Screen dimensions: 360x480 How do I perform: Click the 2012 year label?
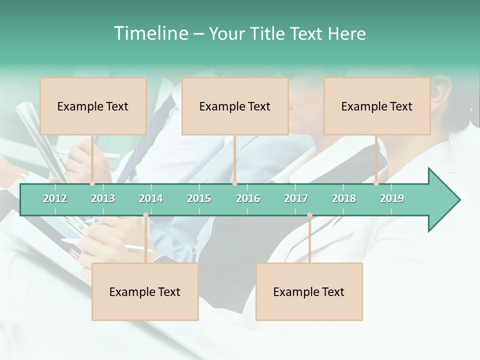coord(55,198)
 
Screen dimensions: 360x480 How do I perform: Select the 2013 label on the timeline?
coord(103,198)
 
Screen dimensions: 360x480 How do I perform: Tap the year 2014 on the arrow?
coord(151,198)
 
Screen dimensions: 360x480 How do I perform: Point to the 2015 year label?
coord(199,198)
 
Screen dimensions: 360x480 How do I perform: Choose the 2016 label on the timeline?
coord(248,198)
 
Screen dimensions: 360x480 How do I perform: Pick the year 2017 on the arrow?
coord(296,198)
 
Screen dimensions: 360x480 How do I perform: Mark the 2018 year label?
coord(344,198)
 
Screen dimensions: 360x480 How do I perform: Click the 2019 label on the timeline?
coord(392,198)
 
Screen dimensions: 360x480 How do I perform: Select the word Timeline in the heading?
coord(150,33)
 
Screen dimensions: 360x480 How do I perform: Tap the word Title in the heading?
coord(268,33)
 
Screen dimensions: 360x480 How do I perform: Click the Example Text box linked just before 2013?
coord(93,106)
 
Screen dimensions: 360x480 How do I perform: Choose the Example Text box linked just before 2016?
coord(235,106)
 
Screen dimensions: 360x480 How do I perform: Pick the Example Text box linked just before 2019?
coord(377,106)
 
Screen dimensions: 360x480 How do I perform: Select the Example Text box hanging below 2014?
coord(145,291)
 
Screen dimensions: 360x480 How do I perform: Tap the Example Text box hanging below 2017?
coord(309,291)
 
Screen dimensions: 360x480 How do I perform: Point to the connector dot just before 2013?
coord(92,183)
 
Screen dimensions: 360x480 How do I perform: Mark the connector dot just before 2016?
coord(234,183)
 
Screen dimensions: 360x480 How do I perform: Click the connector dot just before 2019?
coord(376,183)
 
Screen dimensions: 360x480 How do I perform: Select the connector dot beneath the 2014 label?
coord(145,215)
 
